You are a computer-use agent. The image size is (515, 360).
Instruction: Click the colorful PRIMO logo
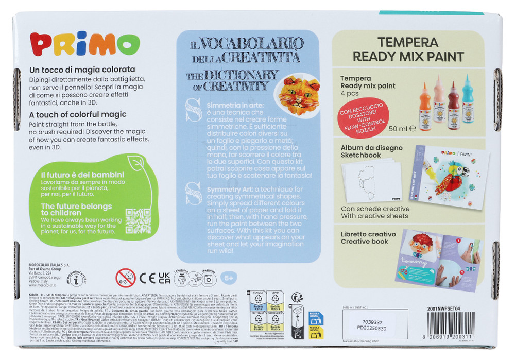(77, 47)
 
